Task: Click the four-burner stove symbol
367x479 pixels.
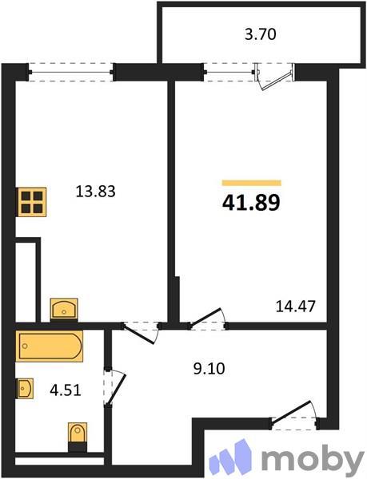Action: click(31, 201)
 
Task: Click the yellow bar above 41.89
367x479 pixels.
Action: click(251, 183)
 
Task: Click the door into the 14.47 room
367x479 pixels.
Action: click(207, 318)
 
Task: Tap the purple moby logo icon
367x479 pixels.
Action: click(232, 457)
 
